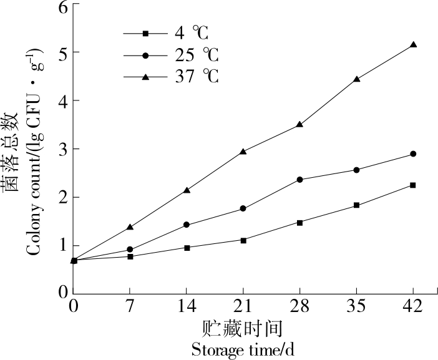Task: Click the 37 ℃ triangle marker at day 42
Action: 413,45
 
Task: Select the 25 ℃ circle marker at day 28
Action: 300,180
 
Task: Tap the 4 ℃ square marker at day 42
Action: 413,185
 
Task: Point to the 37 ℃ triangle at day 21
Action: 243,151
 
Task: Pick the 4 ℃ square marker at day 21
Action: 243,240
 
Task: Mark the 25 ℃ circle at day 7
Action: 130,250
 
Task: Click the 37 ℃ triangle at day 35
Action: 357,79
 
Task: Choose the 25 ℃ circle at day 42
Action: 413,153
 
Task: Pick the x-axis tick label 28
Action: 300,307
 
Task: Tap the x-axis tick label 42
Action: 413,307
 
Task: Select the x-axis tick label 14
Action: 187,307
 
